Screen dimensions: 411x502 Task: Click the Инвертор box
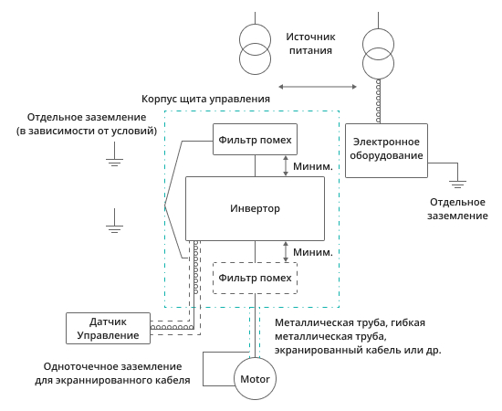[x=255, y=208]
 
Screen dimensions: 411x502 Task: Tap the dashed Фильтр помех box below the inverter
[x=255, y=278]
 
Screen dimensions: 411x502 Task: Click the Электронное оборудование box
[x=386, y=149]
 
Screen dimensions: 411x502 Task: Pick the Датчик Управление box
[x=108, y=329]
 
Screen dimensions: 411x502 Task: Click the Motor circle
[x=255, y=377]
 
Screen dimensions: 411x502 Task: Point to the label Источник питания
[x=311, y=44]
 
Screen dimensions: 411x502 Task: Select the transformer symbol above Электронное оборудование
[x=378, y=53]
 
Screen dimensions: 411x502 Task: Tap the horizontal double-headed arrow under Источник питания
[x=317, y=87]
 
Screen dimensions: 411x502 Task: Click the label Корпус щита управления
[x=205, y=99]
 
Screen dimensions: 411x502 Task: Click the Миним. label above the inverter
[x=311, y=166]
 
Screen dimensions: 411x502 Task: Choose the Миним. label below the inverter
[x=311, y=251]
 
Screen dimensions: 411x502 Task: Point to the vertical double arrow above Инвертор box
[x=286, y=166]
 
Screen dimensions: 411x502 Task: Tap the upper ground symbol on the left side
[x=113, y=161]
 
